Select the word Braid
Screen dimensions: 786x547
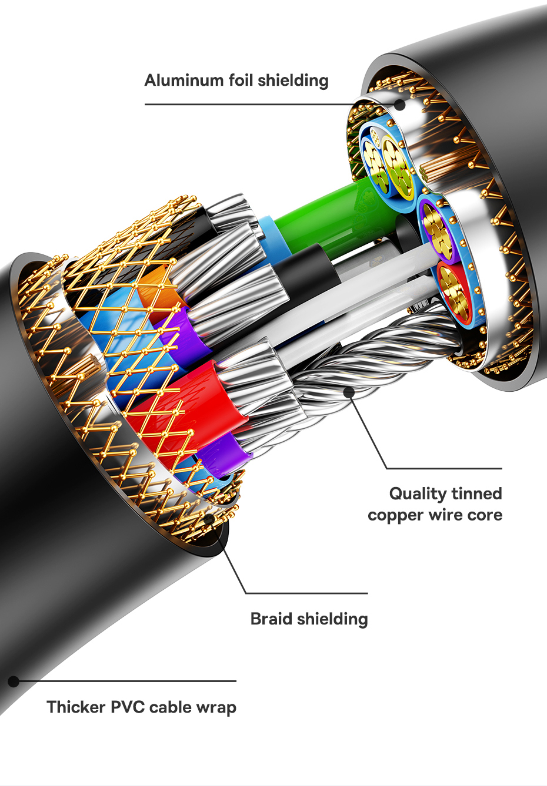coord(272,619)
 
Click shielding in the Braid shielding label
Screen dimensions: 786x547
coord(333,619)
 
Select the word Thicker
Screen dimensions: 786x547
coord(76,707)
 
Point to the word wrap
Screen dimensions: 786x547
coord(217,707)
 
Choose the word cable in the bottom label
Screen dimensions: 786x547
coord(172,707)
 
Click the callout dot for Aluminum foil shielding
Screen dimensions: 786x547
coord(399,105)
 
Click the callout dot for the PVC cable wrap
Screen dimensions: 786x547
coord(14,681)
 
